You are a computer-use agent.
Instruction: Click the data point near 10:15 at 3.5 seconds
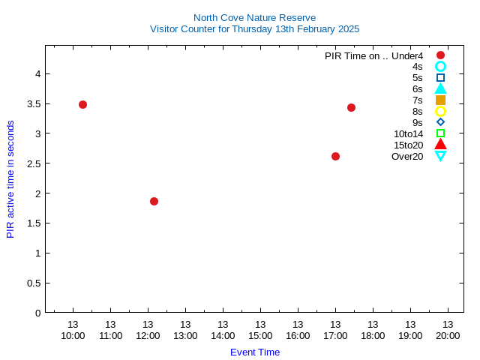(x=82, y=104)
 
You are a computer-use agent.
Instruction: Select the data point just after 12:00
(x=154, y=201)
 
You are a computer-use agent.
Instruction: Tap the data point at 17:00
(x=335, y=156)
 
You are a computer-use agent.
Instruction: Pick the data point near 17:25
(x=351, y=107)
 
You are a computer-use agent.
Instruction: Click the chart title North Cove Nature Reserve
(x=254, y=17)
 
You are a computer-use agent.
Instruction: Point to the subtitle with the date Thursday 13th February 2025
(x=254, y=29)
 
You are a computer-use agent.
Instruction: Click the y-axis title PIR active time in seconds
(x=10, y=178)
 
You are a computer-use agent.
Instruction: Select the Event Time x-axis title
(x=254, y=352)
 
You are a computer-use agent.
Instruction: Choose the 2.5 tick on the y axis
(x=34, y=163)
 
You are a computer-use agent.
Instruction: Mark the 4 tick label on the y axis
(x=37, y=73)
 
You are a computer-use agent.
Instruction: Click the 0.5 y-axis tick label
(x=34, y=283)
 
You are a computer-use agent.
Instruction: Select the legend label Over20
(x=407, y=156)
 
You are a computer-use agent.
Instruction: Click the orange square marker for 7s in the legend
(x=440, y=100)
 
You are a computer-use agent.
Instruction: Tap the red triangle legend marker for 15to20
(x=440, y=144)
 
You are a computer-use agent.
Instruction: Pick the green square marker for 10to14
(x=440, y=133)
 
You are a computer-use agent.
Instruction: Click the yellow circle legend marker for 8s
(x=440, y=111)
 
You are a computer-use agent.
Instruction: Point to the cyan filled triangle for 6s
(x=440, y=88)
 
